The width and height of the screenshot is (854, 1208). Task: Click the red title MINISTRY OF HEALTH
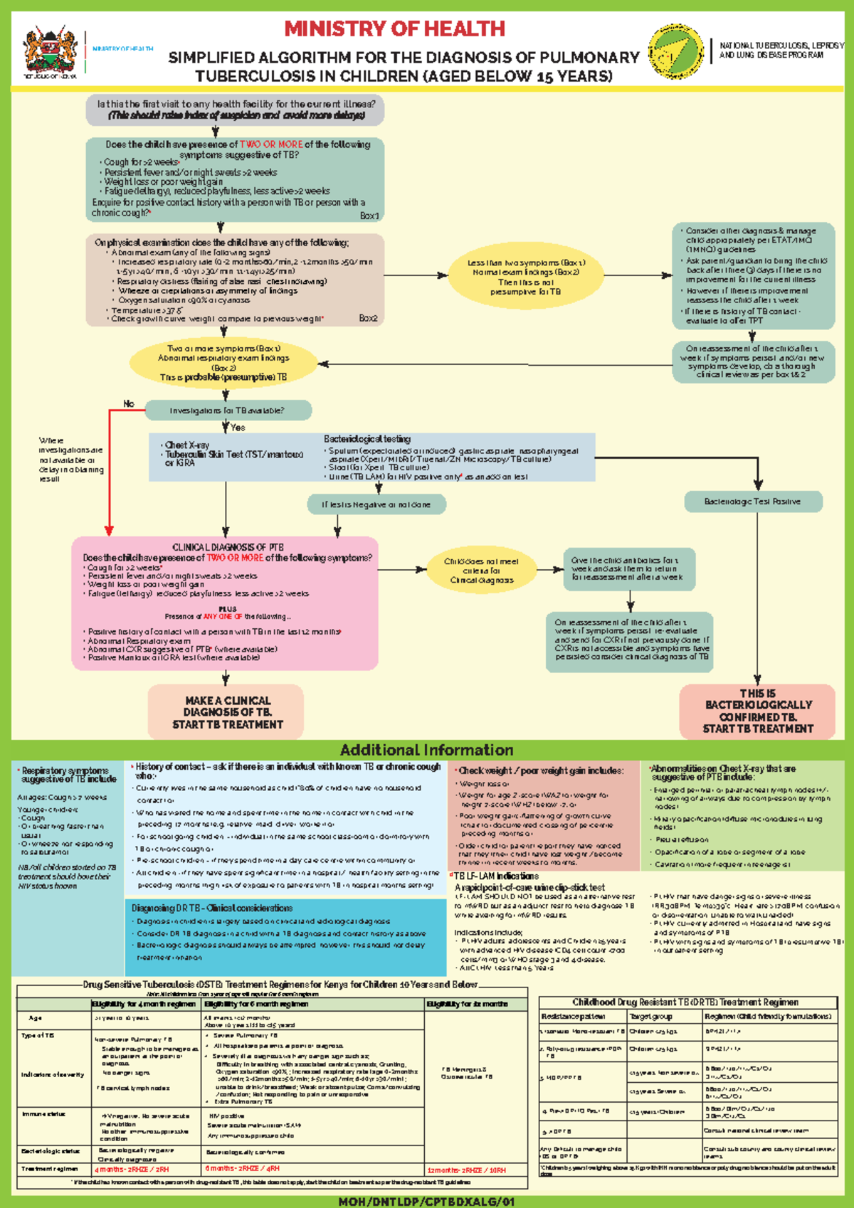394,29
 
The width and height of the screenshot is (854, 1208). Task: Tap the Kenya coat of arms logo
50,52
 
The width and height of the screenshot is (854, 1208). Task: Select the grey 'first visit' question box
236,109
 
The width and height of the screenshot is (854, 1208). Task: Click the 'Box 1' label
369,216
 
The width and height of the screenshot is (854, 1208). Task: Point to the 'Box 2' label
368,318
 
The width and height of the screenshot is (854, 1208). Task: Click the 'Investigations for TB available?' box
228,410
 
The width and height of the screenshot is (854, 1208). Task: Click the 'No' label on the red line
129,403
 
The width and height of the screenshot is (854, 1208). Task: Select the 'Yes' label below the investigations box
238,428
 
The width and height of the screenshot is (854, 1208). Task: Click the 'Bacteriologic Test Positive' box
752,502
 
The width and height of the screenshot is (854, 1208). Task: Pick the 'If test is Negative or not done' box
376,504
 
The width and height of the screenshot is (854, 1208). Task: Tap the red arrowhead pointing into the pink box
109,530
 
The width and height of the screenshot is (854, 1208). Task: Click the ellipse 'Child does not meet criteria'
481,571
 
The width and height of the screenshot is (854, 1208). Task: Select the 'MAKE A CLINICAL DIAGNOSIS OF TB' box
227,712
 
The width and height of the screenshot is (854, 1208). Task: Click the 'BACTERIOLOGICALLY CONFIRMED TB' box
757,711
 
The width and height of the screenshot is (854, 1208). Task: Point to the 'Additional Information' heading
426,750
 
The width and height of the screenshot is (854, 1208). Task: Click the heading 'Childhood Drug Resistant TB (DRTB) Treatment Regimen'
685,1002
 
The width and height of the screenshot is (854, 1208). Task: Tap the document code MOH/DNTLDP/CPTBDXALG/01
426,1202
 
